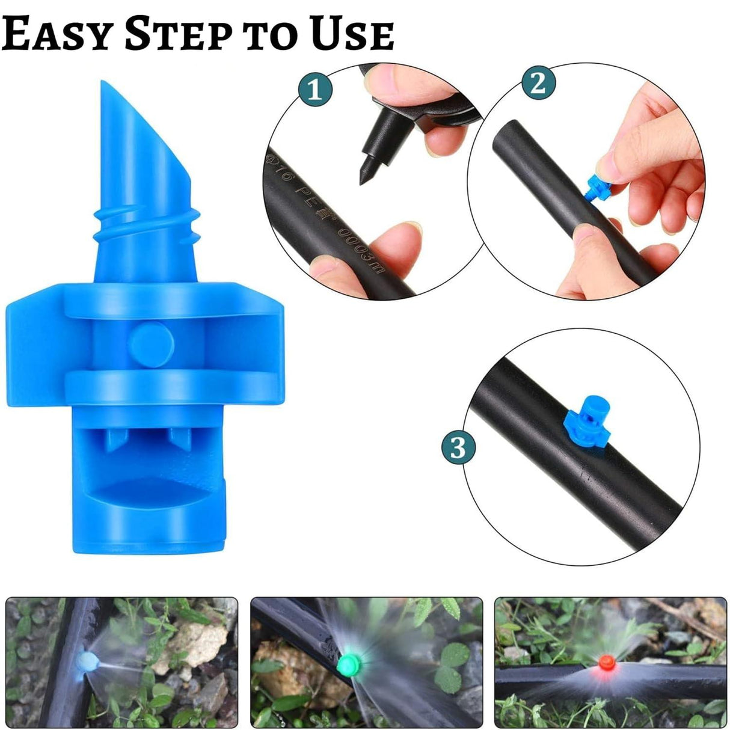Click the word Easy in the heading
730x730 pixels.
(58, 34)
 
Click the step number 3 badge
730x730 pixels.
(458, 447)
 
